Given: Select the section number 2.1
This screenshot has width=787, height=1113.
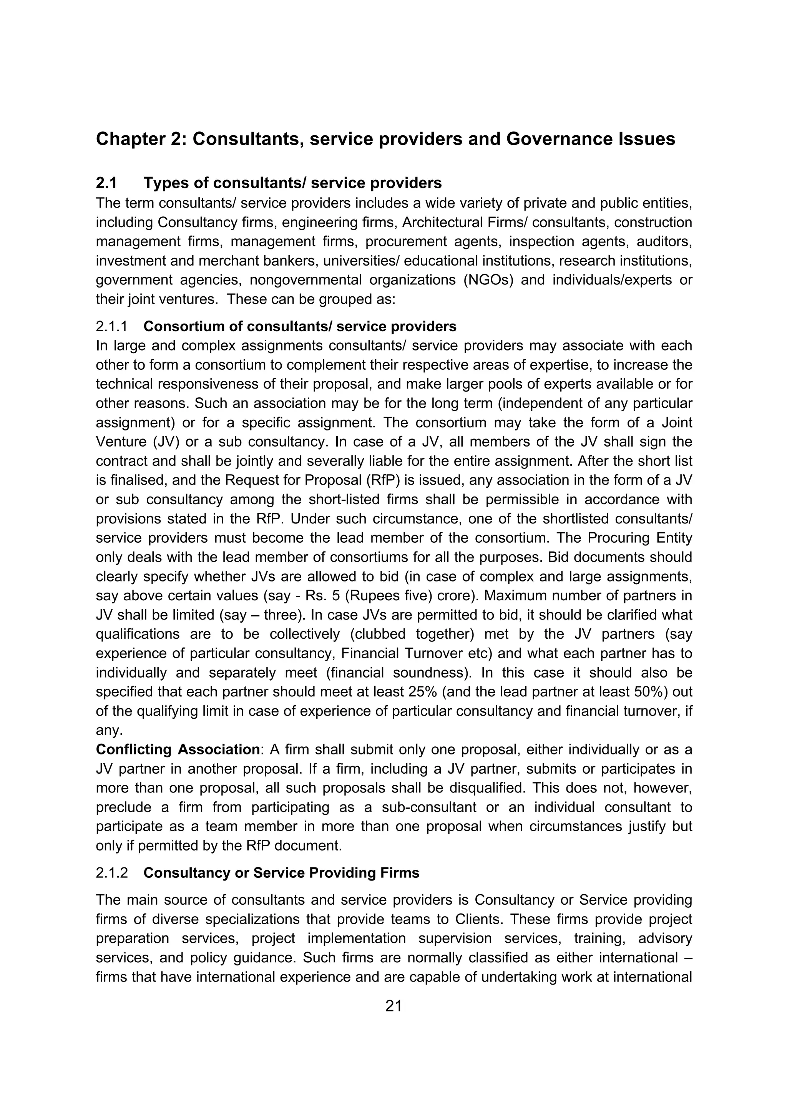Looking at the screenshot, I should [106, 183].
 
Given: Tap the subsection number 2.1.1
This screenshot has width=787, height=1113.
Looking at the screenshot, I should [111, 327].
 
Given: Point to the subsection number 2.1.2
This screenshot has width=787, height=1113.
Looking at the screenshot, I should [111, 872].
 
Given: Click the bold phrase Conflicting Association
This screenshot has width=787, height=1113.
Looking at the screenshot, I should [178, 749].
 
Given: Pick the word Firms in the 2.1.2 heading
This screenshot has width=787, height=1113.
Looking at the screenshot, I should [399, 872].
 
